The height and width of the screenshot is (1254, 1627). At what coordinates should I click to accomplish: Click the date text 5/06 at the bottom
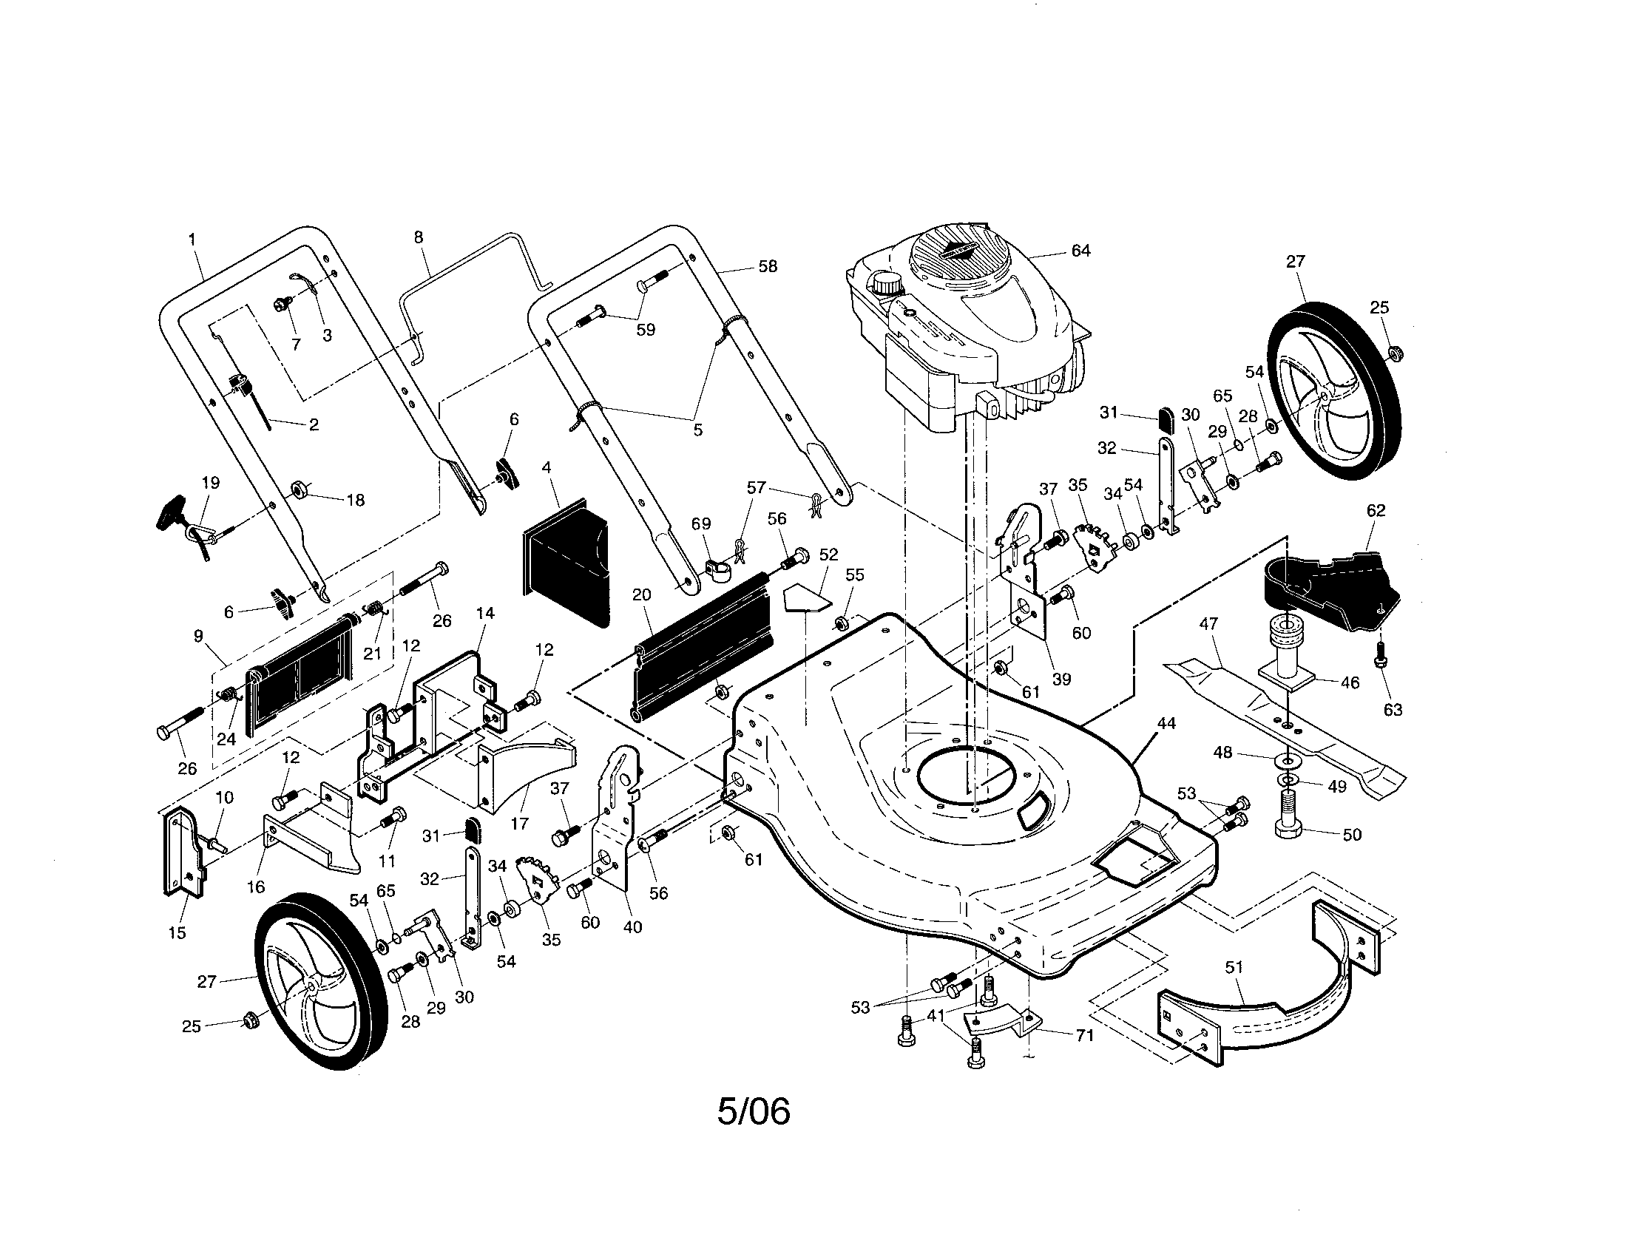[753, 1112]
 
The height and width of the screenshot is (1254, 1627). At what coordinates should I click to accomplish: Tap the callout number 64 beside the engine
[1080, 251]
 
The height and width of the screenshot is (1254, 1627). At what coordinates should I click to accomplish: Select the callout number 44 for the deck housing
[1166, 723]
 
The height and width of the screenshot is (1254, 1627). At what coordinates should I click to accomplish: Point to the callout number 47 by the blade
[1208, 623]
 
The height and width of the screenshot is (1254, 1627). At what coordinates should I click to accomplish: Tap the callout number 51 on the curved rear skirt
[1234, 967]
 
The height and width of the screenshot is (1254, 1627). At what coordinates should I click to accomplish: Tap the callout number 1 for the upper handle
[192, 240]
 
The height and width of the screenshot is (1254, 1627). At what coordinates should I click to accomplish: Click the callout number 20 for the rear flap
[641, 594]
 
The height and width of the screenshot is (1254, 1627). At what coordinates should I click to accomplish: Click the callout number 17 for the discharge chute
[519, 824]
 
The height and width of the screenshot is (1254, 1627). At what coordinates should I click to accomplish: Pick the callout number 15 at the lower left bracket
[177, 933]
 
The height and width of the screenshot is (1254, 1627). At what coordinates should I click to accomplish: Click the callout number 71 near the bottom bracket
[1085, 1035]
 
